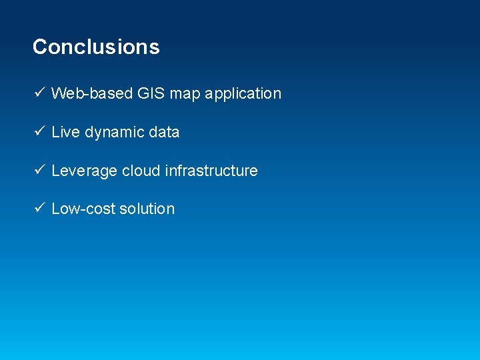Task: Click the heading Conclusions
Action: (x=96, y=47)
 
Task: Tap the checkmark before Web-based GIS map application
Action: (x=39, y=93)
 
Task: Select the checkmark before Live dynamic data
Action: (x=39, y=131)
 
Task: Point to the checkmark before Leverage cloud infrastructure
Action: (x=39, y=170)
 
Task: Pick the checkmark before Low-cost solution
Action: (x=39, y=208)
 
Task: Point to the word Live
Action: (x=65, y=132)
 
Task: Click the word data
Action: (x=164, y=132)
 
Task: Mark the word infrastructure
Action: (x=211, y=171)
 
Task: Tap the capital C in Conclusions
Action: (x=40, y=47)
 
